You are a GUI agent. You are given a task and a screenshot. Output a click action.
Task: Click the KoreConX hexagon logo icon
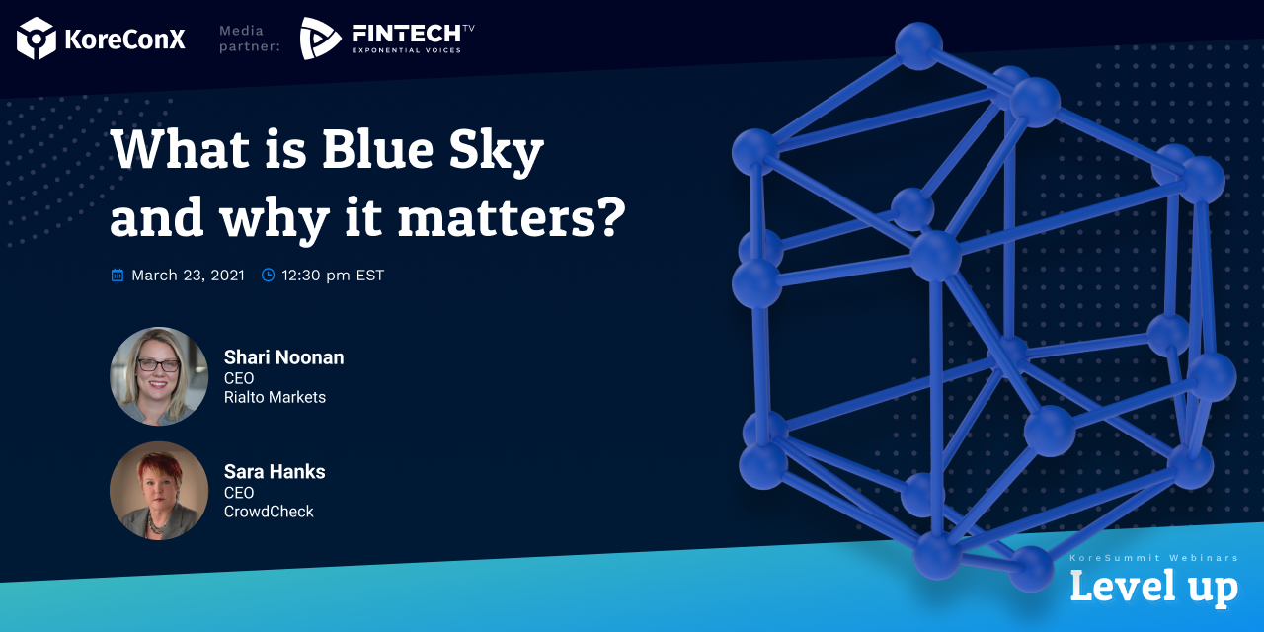click(x=37, y=39)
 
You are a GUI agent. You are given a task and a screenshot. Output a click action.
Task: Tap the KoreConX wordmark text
click(x=124, y=39)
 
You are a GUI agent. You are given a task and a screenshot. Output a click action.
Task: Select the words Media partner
click(x=250, y=39)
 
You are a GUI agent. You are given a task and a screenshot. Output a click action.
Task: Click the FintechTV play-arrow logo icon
click(x=320, y=39)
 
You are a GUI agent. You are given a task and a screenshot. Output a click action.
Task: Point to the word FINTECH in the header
click(x=406, y=34)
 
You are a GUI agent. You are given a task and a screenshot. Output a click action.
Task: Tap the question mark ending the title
click(x=610, y=216)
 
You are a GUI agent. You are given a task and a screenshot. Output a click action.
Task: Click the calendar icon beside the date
click(x=118, y=276)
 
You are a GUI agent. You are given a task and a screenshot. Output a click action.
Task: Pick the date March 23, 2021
click(x=188, y=276)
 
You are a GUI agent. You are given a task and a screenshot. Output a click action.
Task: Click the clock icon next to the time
click(x=268, y=275)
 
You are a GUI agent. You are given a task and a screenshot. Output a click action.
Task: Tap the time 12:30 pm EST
click(x=333, y=276)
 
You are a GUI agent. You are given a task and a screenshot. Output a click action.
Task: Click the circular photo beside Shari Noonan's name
click(x=159, y=376)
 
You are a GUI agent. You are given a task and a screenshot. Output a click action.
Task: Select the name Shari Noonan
click(x=283, y=357)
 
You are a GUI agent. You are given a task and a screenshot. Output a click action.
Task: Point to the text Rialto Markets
click(x=275, y=397)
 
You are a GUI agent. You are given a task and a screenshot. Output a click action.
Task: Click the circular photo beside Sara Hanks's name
click(x=159, y=491)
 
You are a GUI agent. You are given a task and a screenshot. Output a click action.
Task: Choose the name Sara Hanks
click(x=275, y=472)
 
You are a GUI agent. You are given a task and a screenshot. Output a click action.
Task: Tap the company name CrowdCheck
click(x=269, y=512)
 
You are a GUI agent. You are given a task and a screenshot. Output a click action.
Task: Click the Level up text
click(x=1154, y=588)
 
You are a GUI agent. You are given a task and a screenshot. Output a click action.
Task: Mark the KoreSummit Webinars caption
click(x=1154, y=558)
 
